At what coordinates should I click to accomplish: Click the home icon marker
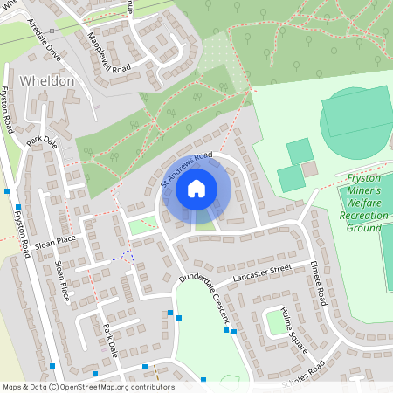(196, 188)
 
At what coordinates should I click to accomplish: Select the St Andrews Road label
(187, 168)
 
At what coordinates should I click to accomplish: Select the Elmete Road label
(318, 283)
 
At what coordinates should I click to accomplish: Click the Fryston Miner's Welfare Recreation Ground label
(360, 202)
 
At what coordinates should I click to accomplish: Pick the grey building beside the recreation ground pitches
(309, 168)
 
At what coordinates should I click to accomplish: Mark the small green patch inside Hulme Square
(279, 323)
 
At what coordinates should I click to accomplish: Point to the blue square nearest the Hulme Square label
(234, 332)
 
